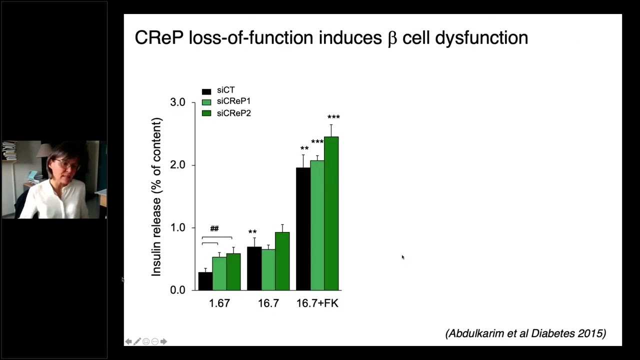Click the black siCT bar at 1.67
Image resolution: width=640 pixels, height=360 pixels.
tap(205, 281)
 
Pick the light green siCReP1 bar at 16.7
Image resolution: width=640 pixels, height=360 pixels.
tap(268, 269)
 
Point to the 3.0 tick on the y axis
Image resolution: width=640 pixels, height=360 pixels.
tap(177, 102)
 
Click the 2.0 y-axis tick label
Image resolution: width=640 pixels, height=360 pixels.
tap(177, 165)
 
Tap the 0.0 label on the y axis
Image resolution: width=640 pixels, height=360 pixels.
tap(177, 290)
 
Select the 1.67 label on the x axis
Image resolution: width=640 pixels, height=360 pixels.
tap(219, 303)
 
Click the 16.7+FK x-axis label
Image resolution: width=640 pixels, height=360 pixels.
tap(317, 303)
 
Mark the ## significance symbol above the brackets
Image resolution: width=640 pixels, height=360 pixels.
tap(214, 228)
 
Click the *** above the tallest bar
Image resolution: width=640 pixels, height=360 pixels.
tap(333, 117)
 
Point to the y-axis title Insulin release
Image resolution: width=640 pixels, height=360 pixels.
tap(157, 197)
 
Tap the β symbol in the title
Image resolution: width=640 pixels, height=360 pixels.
tap(392, 39)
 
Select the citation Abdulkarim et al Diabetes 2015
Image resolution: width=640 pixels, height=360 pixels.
tap(525, 333)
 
